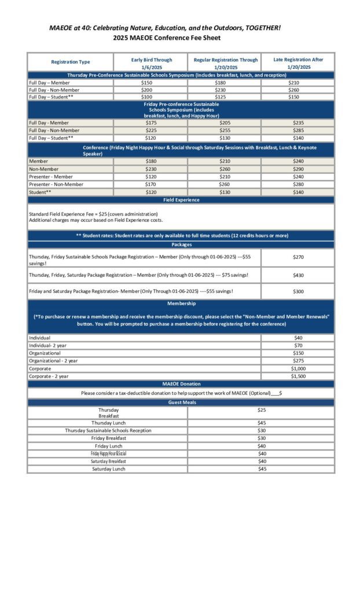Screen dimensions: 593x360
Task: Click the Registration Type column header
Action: click(71, 62)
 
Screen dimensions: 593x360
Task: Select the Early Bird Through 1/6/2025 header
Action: click(151, 63)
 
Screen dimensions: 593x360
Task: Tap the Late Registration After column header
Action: click(297, 63)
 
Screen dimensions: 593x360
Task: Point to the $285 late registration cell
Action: click(297, 130)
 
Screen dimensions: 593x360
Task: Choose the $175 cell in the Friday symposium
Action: click(151, 123)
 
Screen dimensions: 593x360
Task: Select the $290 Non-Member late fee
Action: click(297, 169)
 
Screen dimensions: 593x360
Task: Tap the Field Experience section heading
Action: click(181, 200)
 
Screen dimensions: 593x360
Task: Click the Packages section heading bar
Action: click(181, 244)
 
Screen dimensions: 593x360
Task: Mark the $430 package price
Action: click(298, 275)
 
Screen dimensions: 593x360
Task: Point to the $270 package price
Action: click(298, 257)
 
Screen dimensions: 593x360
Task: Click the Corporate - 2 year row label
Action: click(49, 376)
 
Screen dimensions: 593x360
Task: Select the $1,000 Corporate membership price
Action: click(298, 368)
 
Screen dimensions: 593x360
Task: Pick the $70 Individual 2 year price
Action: click(298, 346)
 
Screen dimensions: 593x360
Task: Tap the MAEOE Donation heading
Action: click(181, 383)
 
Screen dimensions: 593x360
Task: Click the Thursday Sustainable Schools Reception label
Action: click(108, 430)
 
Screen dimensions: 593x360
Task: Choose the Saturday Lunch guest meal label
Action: click(108, 468)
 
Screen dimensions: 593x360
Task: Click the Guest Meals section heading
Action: click(181, 402)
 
